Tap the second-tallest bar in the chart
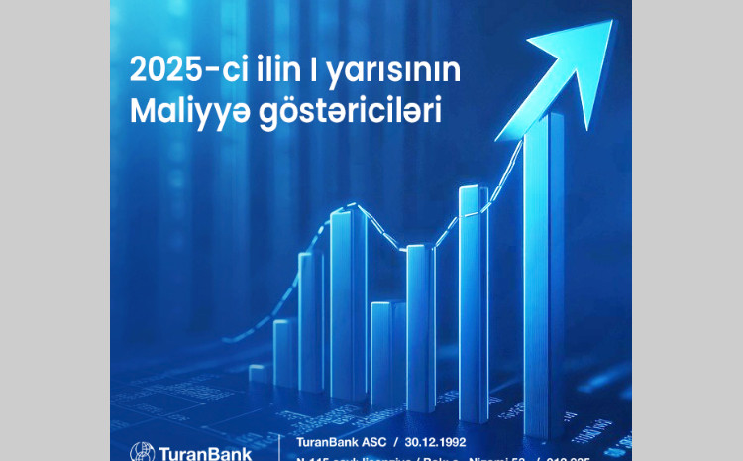click(473, 307)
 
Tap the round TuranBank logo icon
click(143, 452)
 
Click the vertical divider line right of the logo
click(269, 446)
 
